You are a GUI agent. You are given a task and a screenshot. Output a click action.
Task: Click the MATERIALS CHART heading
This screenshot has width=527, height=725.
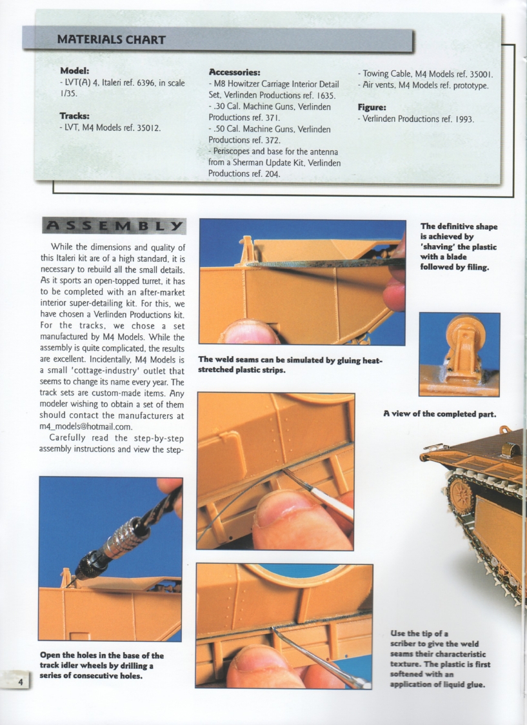coord(111,40)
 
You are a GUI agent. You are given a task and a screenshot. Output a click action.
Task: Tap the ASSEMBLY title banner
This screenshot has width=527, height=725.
coord(114,226)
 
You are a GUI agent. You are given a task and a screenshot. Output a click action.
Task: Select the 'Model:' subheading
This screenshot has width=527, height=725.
coord(74,71)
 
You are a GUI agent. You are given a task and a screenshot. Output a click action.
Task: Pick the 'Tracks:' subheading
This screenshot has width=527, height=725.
coord(74,116)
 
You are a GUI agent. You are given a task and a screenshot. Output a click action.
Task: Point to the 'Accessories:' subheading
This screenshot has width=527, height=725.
coord(235,72)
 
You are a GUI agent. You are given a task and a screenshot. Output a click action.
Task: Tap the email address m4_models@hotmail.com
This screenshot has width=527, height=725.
coord(86,426)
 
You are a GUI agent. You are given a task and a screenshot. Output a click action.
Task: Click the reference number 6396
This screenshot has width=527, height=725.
coord(134,83)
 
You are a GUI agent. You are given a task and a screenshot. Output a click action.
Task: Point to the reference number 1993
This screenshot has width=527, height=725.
coord(461,119)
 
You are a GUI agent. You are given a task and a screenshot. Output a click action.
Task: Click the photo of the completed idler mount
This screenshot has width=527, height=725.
coord(459,354)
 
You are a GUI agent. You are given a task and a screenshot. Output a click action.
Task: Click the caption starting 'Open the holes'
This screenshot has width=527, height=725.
coord(101,665)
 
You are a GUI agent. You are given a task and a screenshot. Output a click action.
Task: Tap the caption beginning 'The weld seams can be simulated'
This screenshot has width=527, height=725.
coord(290,365)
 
